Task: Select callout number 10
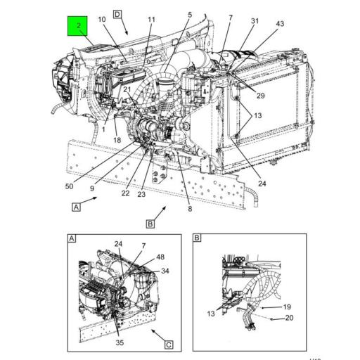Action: pos(102,20)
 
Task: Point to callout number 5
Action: pos(189,15)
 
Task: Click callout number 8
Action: pos(189,208)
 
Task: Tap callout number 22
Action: pos(124,193)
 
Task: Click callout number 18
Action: pos(117,141)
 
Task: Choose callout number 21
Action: pos(127,90)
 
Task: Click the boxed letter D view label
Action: pos(117,14)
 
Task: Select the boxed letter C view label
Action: pos(169,345)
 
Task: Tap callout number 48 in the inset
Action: pos(160,257)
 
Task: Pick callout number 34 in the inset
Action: pos(165,271)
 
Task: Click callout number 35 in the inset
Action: pos(120,343)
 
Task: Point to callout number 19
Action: pos(287,307)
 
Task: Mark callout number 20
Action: pos(289,319)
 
